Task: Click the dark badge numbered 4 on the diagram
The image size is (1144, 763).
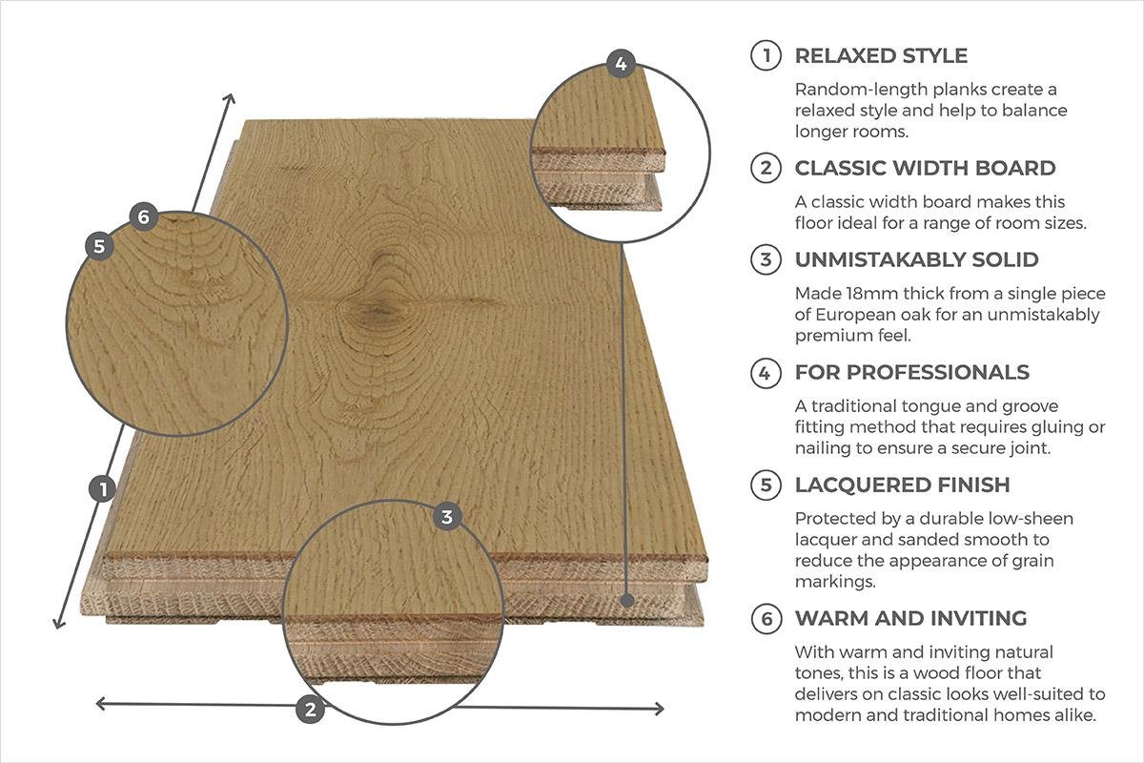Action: pyautogui.click(x=621, y=64)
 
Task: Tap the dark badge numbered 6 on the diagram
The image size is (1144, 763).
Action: pyautogui.click(x=144, y=217)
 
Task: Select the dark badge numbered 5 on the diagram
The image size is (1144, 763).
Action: pyautogui.click(x=99, y=246)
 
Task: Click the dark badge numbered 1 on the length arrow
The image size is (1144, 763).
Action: pyautogui.click(x=103, y=489)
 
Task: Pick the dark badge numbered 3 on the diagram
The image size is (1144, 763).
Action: pyautogui.click(x=447, y=517)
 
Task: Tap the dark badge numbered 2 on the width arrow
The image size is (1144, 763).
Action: pyautogui.click(x=310, y=710)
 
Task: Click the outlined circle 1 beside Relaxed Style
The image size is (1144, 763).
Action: pyautogui.click(x=766, y=55)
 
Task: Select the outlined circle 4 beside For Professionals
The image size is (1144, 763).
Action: pyautogui.click(x=766, y=373)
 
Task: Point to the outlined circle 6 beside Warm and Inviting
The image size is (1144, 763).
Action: pyautogui.click(x=766, y=619)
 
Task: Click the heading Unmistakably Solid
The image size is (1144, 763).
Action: pyautogui.click(x=917, y=259)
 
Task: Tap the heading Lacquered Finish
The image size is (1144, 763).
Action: pyautogui.click(x=903, y=485)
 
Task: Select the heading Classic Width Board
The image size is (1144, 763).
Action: pyautogui.click(x=925, y=168)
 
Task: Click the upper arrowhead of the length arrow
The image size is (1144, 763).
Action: pyautogui.click(x=231, y=98)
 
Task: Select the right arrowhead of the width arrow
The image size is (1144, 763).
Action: pyautogui.click(x=659, y=709)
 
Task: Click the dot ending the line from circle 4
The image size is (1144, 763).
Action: pyautogui.click(x=628, y=601)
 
